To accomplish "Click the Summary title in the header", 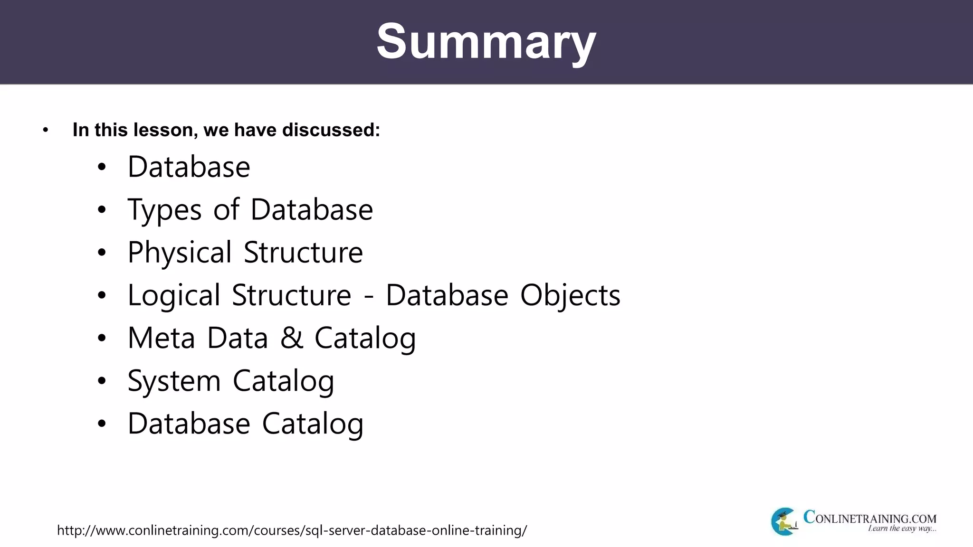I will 486,42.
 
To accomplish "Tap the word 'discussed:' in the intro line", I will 331,130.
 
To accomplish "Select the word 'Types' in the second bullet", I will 164,210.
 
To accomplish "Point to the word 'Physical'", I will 180,253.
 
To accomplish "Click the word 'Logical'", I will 174,295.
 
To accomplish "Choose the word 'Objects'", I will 570,295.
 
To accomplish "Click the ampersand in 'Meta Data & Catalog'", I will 291,338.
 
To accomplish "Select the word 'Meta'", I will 162,338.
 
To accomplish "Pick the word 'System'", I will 174,381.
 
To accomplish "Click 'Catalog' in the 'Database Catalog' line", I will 313,424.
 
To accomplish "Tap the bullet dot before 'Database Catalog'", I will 102,424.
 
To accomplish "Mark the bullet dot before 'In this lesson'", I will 46,130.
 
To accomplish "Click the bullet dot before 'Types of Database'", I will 102,210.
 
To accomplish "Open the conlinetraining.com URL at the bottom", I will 292,530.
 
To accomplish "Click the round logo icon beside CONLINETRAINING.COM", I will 783,521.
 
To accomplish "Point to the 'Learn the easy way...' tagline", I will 902,528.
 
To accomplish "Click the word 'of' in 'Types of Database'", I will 226,210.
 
